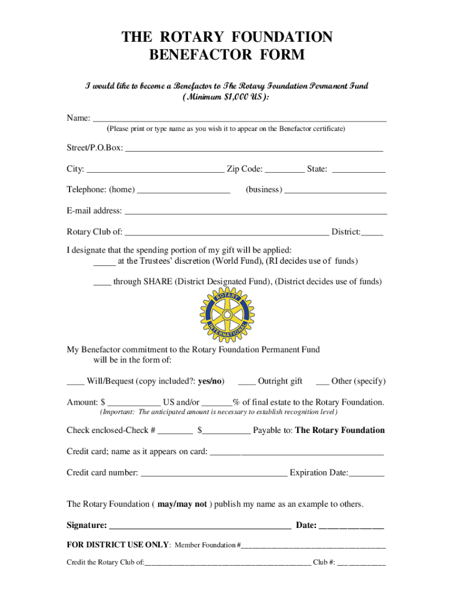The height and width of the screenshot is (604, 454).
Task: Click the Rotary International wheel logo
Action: click(x=227, y=316)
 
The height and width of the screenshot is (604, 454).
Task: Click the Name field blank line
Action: click(x=240, y=120)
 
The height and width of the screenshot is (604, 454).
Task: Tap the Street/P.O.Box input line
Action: click(x=254, y=150)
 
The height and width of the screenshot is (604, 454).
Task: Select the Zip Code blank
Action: click(x=284, y=171)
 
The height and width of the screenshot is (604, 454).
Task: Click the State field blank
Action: click(x=358, y=171)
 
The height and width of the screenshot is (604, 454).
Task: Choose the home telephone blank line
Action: click(x=183, y=192)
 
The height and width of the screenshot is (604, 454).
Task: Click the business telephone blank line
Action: click(x=335, y=192)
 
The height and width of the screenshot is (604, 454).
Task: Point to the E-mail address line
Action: click(x=256, y=212)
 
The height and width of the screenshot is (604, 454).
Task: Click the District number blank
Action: click(x=373, y=234)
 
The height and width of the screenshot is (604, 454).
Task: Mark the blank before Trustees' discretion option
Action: click(x=104, y=262)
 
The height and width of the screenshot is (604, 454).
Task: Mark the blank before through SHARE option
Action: click(x=102, y=283)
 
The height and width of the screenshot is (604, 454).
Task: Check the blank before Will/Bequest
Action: click(x=75, y=383)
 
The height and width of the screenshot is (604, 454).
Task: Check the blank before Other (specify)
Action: click(x=323, y=383)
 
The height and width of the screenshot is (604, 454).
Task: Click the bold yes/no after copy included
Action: click(x=210, y=382)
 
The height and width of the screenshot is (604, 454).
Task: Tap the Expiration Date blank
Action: click(x=367, y=474)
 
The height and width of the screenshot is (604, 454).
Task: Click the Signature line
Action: click(x=200, y=527)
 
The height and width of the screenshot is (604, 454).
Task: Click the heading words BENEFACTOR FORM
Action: click(x=227, y=55)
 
